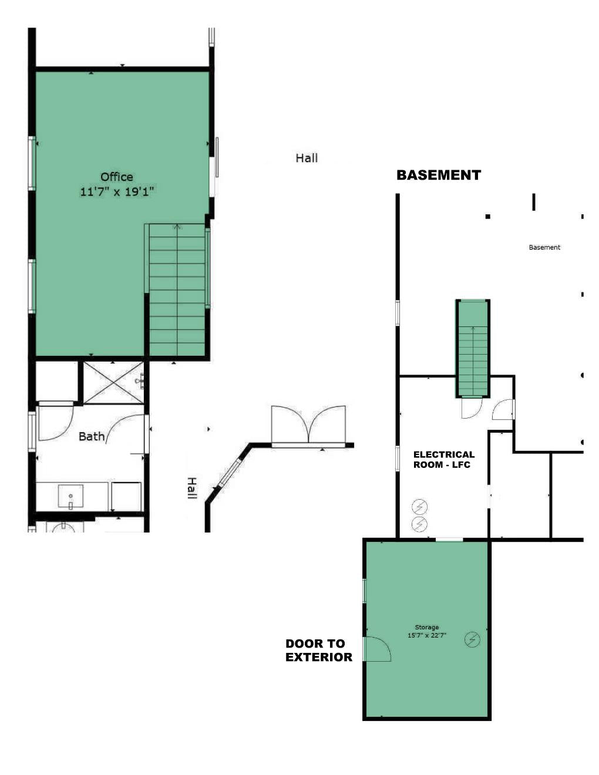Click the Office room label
[117, 177]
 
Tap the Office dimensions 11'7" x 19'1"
[117, 192]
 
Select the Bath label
[92, 437]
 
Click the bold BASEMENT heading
[439, 175]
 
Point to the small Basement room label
[544, 247]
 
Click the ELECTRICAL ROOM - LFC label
[444, 459]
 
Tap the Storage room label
[427, 627]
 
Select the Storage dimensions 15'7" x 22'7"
[427, 635]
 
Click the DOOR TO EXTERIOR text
[319, 650]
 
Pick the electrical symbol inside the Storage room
[472, 639]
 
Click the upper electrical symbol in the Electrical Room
[419, 507]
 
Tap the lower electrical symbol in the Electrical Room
[419, 524]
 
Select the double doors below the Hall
[308, 426]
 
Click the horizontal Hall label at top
[307, 158]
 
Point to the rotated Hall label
[192, 488]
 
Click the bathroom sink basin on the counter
[70, 496]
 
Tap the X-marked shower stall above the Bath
[113, 383]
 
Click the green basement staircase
[473, 348]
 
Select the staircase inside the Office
[177, 290]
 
